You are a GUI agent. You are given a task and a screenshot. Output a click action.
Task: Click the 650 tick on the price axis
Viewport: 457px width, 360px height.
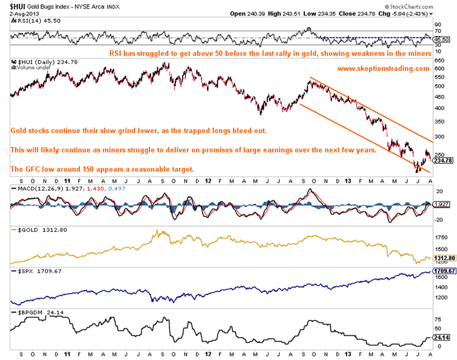438,59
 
